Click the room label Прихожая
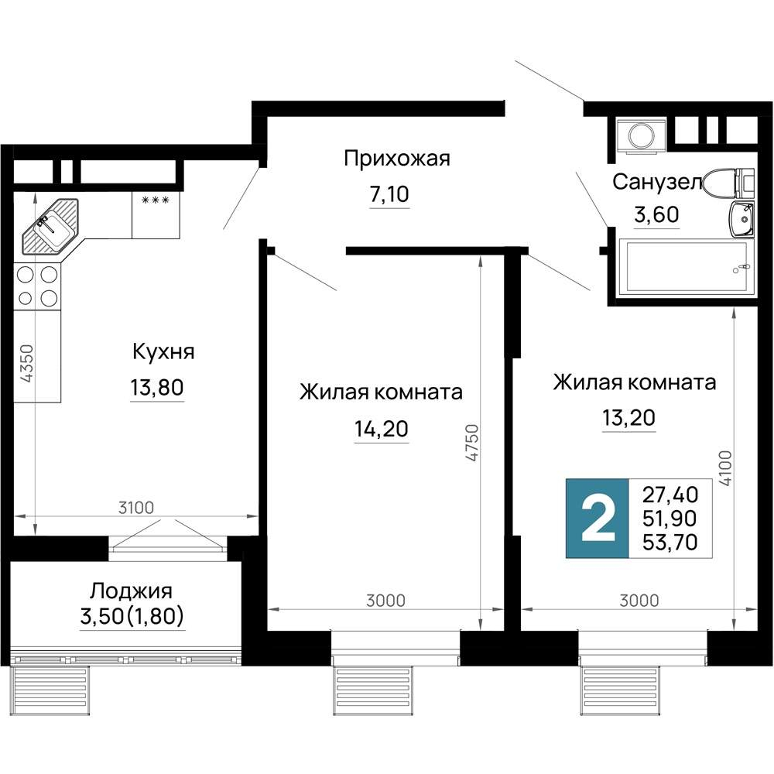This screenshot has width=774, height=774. [396, 159]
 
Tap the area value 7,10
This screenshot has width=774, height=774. [389, 195]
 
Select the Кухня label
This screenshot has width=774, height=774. [163, 351]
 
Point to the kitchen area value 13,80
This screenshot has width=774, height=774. [157, 387]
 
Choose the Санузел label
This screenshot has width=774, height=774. [656, 182]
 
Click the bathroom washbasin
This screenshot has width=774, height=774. [741, 219]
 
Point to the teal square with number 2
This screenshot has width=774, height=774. [597, 518]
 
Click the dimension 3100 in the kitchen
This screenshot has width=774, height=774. [137, 508]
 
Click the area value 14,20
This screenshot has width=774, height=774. [381, 428]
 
